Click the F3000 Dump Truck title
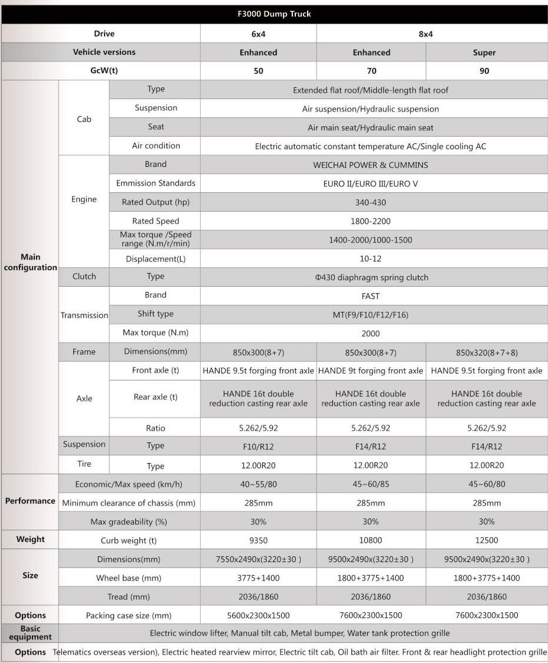[x=273, y=14]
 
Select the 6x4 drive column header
[x=258, y=34]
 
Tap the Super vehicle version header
[x=484, y=52]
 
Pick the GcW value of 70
[x=371, y=71]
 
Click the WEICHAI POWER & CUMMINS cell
[x=370, y=165]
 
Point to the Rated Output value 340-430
[x=370, y=202]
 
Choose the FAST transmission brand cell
[x=370, y=296]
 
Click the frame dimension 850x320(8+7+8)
[x=487, y=353]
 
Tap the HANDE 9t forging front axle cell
[x=370, y=371]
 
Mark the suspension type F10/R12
[x=258, y=447]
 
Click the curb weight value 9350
[x=258, y=540]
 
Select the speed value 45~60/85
[x=370, y=484]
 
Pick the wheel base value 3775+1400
[x=258, y=578]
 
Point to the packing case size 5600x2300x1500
[x=258, y=615]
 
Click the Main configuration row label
[x=30, y=262]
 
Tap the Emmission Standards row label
[x=155, y=183]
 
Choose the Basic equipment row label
[x=30, y=633]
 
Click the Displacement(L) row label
[x=155, y=259]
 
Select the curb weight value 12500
[x=487, y=540]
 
